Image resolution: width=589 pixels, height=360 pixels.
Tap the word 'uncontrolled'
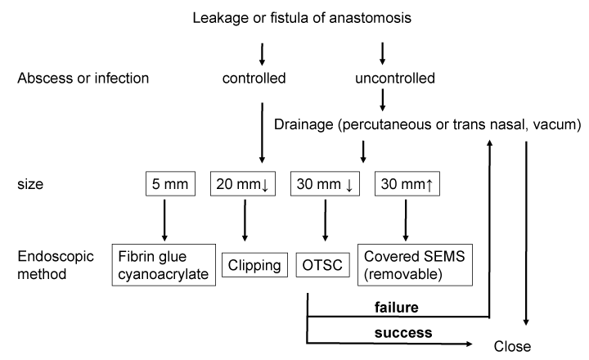(x=384, y=79)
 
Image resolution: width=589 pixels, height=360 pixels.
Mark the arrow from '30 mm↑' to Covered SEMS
(x=405, y=219)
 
